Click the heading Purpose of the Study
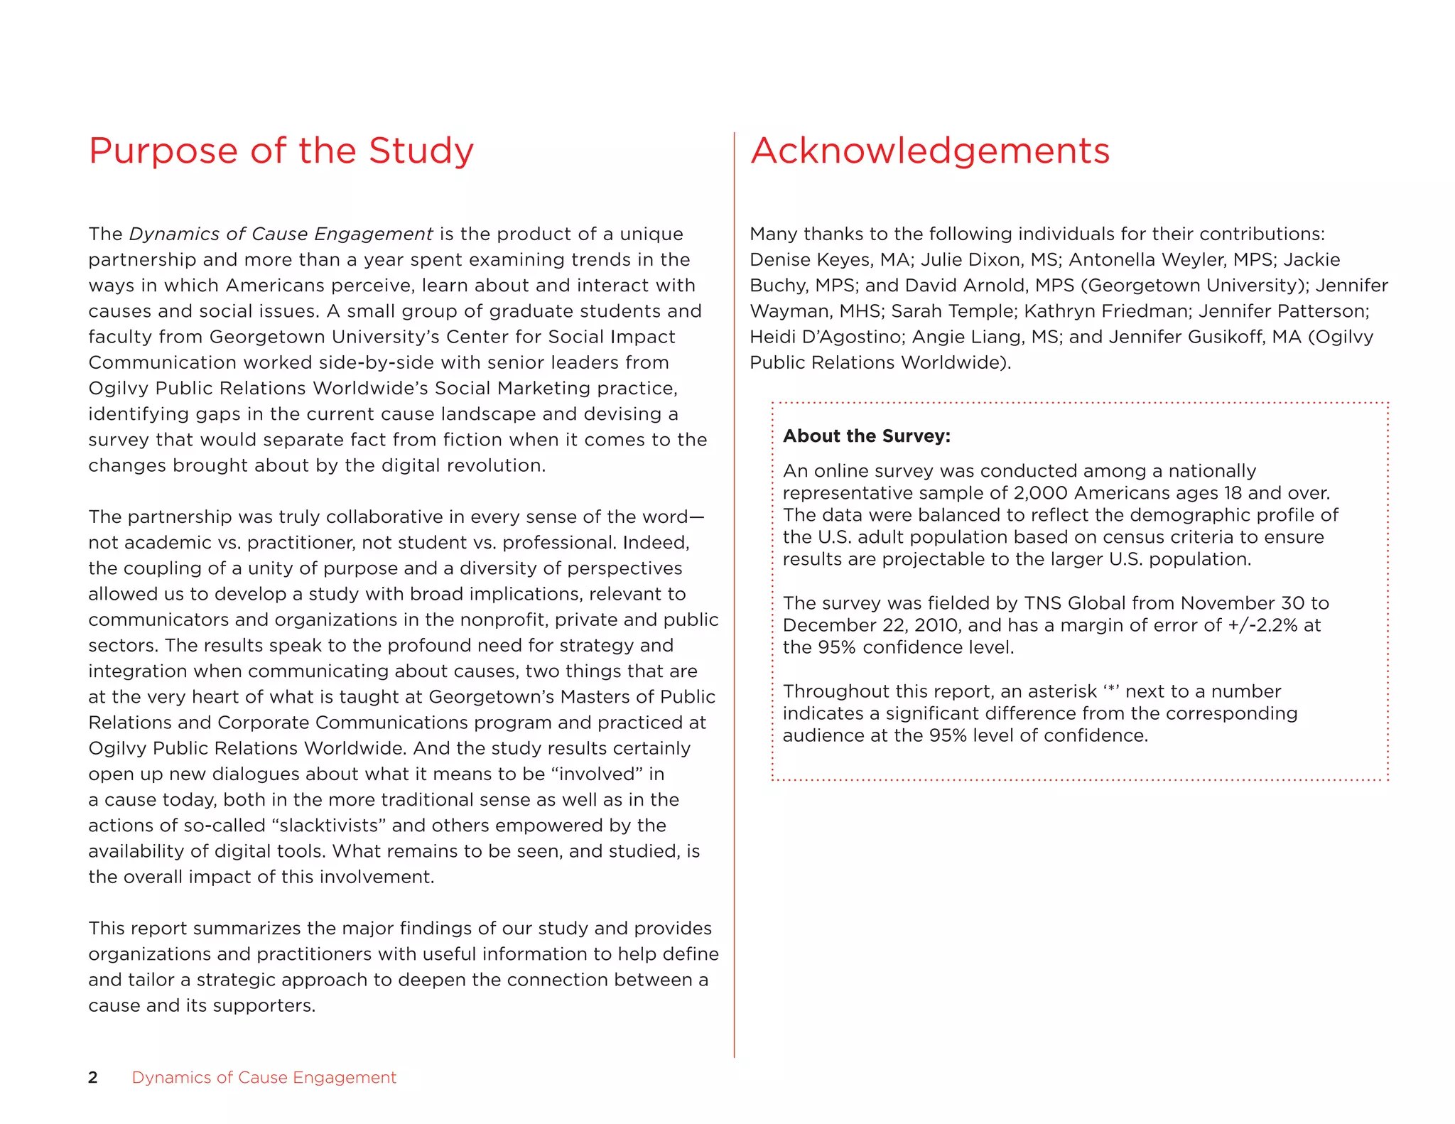point(281,151)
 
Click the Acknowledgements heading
point(929,151)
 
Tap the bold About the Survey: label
point(866,436)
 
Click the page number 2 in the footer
point(93,1077)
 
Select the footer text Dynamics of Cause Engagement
point(264,1077)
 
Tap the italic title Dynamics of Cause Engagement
point(281,234)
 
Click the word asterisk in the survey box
point(1062,691)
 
